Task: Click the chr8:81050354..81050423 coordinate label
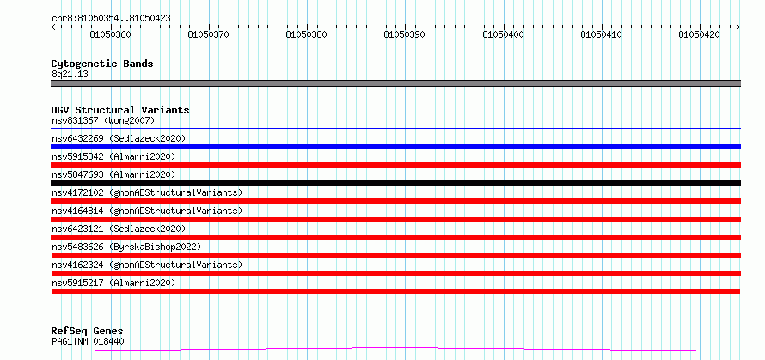pos(111,19)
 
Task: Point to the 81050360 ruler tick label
pos(111,35)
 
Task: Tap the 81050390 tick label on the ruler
pos(405,35)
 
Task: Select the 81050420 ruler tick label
pos(699,35)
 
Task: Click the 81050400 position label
pos(503,35)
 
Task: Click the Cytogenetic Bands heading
pos(102,64)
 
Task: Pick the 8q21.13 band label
pos(70,75)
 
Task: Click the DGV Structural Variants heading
pos(120,110)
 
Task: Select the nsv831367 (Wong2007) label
pos(103,120)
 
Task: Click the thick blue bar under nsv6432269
pos(396,147)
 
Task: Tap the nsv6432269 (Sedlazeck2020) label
pos(119,138)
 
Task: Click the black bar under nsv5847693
pos(396,183)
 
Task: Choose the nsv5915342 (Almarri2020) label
pos(113,156)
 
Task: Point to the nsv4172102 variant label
pos(147,192)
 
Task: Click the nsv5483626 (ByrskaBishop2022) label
pos(126,247)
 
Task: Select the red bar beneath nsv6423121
pos(396,237)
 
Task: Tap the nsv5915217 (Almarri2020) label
pos(113,283)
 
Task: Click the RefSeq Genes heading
pos(88,332)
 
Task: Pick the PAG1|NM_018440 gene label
pos(88,341)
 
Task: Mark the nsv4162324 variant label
pos(147,265)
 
